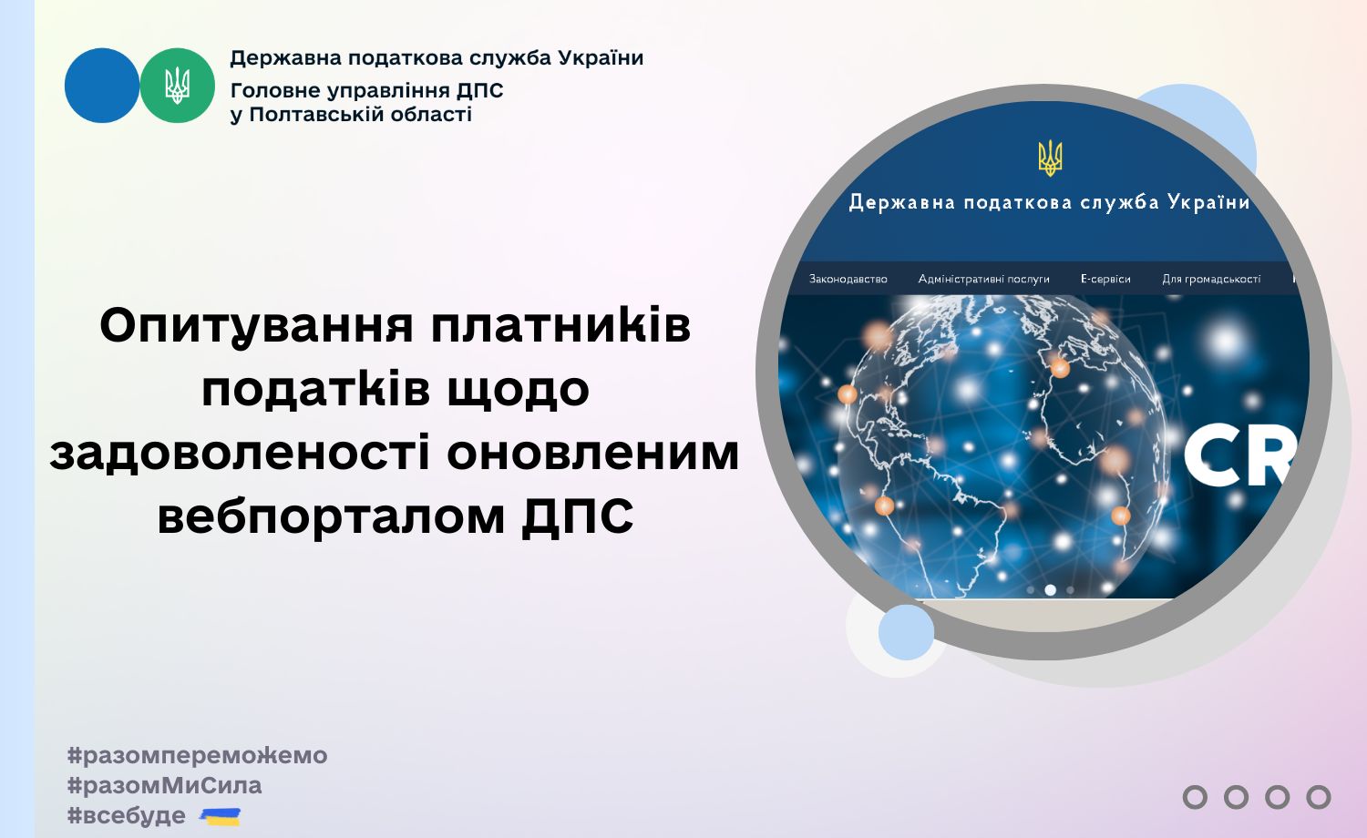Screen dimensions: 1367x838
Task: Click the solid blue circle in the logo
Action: click(102, 86)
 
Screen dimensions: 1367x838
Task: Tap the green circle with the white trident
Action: click(178, 86)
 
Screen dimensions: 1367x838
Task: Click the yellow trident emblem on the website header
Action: click(1050, 158)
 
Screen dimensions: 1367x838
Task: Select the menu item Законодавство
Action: click(848, 279)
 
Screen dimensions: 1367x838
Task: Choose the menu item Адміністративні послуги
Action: click(983, 279)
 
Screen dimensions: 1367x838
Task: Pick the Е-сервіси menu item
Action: click(1105, 279)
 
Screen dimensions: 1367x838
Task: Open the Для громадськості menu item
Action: click(1211, 279)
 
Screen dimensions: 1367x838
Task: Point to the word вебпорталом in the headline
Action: click(331, 516)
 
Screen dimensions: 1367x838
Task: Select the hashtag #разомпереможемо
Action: click(197, 756)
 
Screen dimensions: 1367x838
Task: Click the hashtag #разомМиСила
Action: click(164, 785)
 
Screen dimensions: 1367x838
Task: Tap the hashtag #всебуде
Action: click(127, 815)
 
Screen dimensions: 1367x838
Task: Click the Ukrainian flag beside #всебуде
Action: click(221, 817)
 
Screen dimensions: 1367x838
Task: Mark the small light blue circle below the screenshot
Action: click(906, 632)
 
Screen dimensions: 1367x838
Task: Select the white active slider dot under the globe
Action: click(1050, 589)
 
